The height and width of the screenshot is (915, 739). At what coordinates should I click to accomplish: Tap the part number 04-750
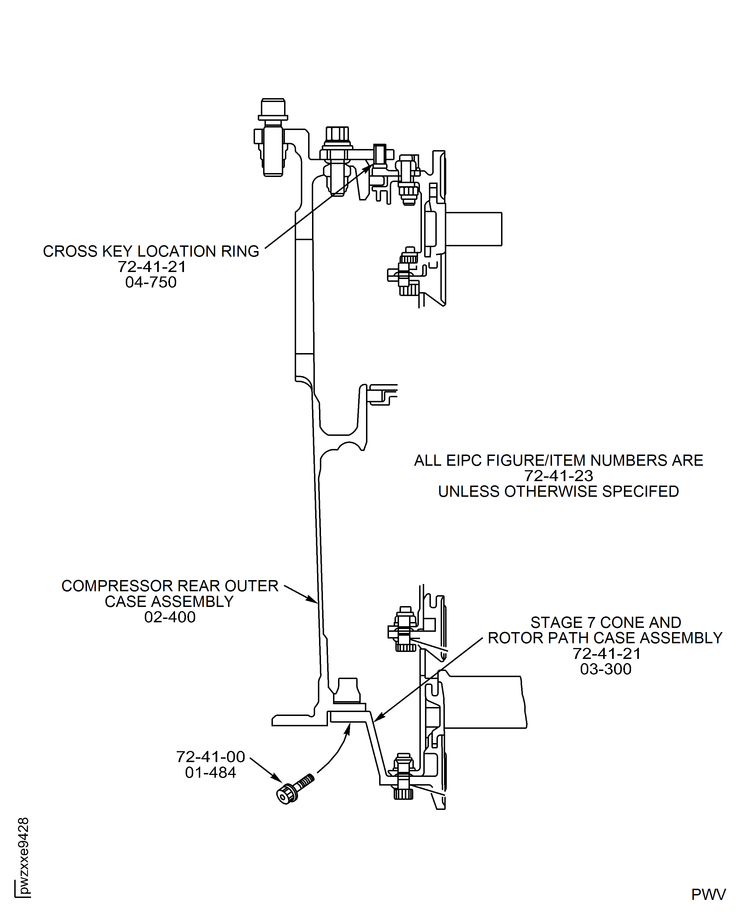[x=151, y=282]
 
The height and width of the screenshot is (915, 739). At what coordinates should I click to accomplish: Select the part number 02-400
[x=169, y=617]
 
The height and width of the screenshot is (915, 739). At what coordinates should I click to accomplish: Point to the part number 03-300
[x=605, y=669]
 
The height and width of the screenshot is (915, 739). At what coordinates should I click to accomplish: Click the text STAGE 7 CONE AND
[x=605, y=622]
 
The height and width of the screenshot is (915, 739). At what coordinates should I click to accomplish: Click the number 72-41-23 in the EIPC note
[x=558, y=476]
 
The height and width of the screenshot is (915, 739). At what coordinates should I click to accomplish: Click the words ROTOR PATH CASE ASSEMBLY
[x=605, y=638]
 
